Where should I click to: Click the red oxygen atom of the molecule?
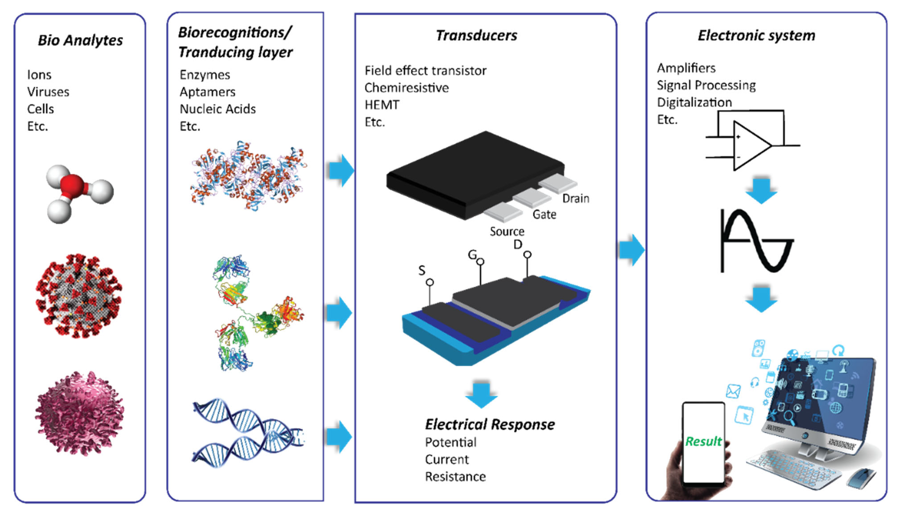pyautogui.click(x=72, y=186)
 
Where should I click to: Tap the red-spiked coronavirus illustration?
pyautogui.click(x=78, y=295)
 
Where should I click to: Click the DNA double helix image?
pyautogui.click(x=248, y=433)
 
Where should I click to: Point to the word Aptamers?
pyautogui.click(x=207, y=92)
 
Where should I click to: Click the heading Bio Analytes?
pyautogui.click(x=80, y=40)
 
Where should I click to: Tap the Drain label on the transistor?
pyautogui.click(x=576, y=198)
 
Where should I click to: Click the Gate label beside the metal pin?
pyautogui.click(x=544, y=214)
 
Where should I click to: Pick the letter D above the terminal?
pyautogui.click(x=517, y=244)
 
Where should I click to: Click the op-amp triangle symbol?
pyautogui.click(x=750, y=145)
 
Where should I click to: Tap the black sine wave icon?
pyautogui.click(x=757, y=241)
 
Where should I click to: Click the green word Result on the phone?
pyautogui.click(x=703, y=442)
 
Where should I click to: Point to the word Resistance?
pyautogui.click(x=455, y=477)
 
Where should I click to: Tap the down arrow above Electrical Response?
pyautogui.click(x=481, y=394)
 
